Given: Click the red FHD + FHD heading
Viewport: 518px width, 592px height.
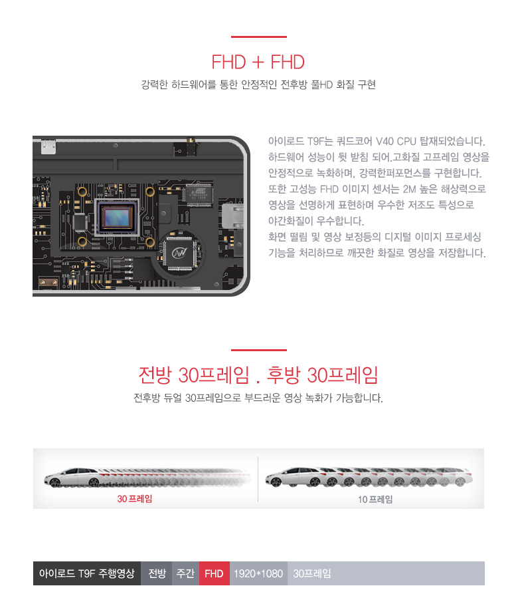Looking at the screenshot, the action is coord(258,62).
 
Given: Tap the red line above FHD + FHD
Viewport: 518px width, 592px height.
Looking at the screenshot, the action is coord(259,37).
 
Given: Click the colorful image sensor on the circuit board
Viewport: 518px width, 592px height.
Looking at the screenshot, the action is coord(117,217).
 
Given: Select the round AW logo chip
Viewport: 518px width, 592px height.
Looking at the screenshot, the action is coord(180,252).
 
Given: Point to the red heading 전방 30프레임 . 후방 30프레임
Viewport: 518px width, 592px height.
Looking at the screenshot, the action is coord(258,375).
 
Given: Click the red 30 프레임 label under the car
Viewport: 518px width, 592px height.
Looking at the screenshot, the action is coord(135,499).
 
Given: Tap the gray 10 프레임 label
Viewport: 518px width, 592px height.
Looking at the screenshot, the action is coord(375,500).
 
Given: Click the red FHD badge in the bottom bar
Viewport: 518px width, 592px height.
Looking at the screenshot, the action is coord(214,573).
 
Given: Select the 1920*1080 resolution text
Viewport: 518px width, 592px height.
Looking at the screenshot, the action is coord(258,573).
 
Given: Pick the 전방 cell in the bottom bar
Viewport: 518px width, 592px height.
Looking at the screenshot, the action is coord(157,573).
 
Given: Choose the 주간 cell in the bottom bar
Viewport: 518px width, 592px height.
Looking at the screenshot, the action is coord(185,573).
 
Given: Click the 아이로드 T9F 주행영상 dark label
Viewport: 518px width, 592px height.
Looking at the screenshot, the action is coord(87,573).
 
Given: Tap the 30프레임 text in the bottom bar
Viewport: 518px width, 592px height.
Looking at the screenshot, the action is coord(311,573).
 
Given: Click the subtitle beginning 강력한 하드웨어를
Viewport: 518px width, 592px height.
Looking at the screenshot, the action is coord(258,84).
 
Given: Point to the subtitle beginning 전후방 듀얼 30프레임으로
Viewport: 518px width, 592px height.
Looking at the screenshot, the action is coord(258,398).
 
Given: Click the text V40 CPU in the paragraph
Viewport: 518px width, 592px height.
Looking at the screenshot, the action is coord(396,141).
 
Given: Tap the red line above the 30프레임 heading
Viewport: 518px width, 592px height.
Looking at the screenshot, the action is coord(259,350).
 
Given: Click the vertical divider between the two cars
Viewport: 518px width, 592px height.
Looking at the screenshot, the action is coord(258,480).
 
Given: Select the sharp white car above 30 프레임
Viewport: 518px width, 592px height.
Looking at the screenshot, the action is coord(74,478).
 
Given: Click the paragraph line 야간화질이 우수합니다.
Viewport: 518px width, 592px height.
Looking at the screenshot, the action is coord(316,220).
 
